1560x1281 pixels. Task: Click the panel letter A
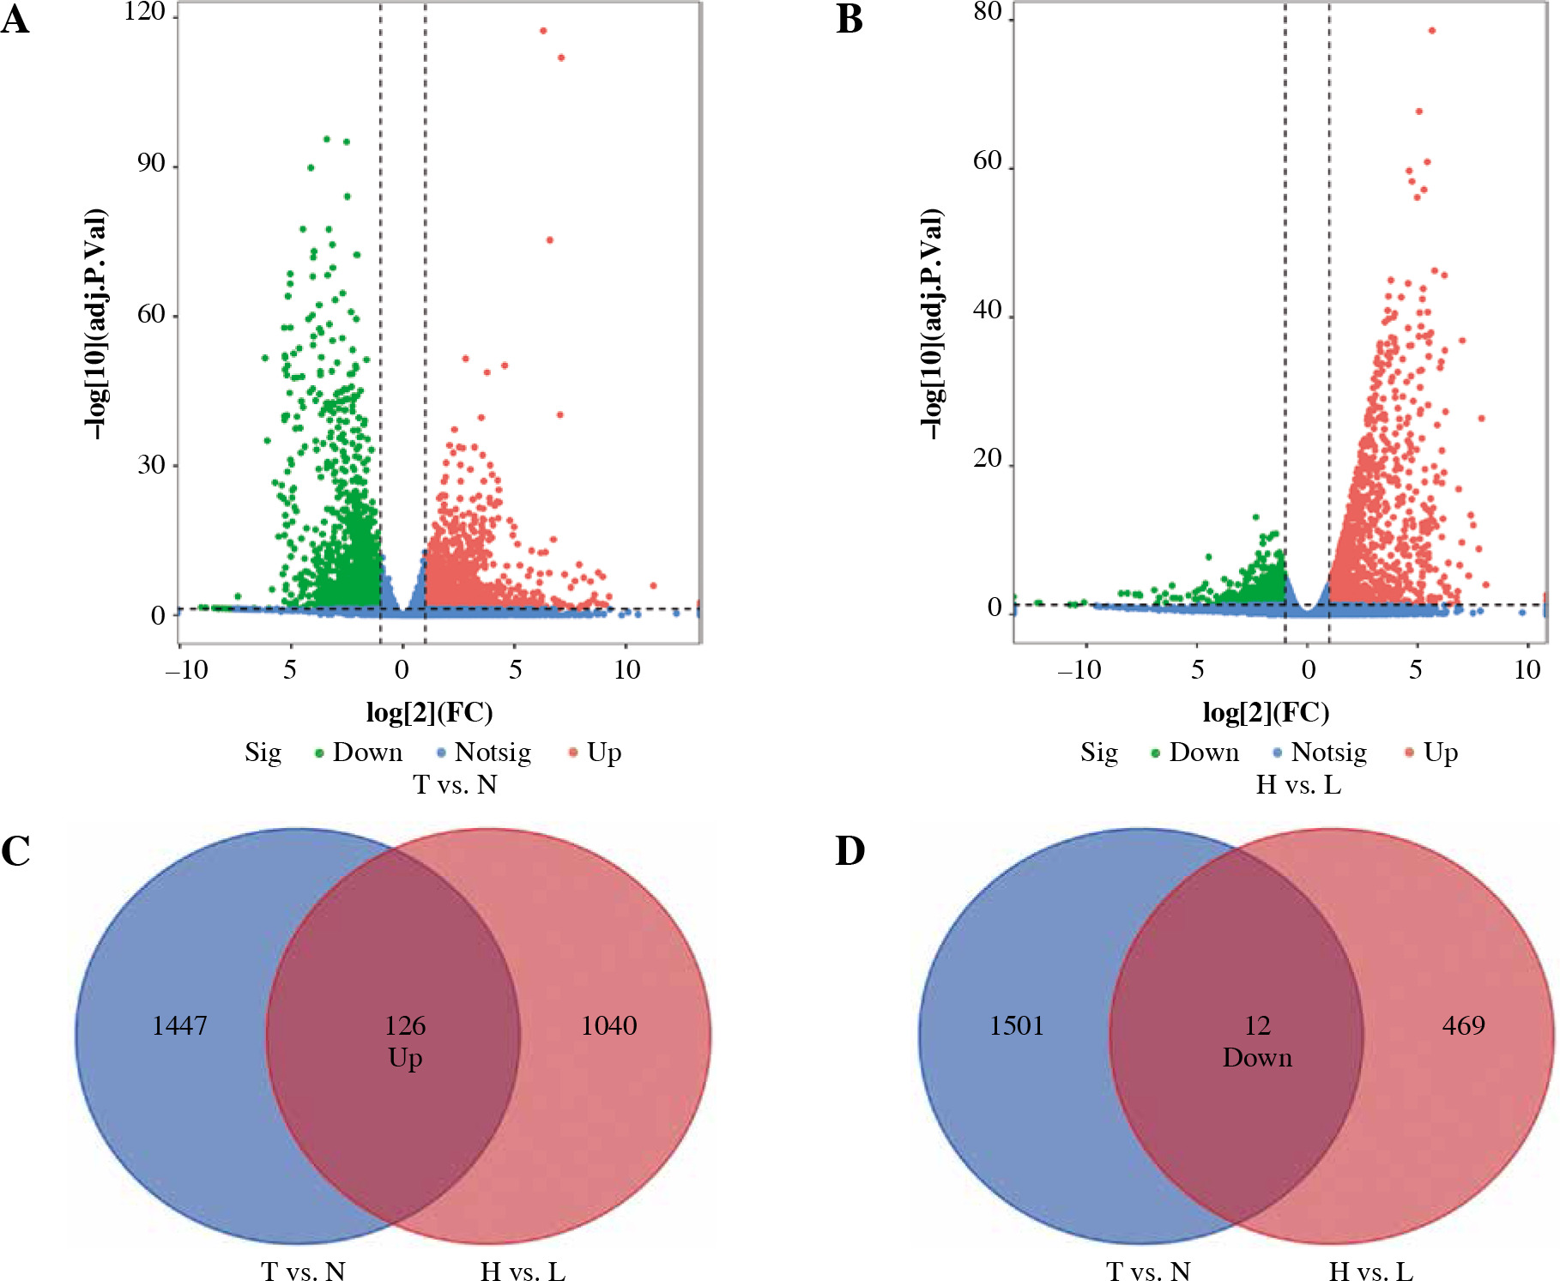point(15,19)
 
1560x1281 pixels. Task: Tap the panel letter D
point(850,851)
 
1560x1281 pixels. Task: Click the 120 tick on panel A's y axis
point(144,12)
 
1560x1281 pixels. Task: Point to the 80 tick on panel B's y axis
point(988,12)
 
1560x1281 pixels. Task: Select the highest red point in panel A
point(543,31)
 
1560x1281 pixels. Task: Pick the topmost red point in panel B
point(1431,31)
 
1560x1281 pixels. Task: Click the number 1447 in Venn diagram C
point(179,1025)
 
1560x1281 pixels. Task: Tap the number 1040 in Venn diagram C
point(608,1025)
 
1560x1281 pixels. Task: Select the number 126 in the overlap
point(405,1025)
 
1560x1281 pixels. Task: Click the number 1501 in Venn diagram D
point(1017,1025)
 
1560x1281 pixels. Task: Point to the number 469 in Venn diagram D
point(1463,1025)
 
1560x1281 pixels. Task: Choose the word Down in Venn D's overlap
point(1257,1058)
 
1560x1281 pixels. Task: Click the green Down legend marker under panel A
point(319,754)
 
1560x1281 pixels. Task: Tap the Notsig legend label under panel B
point(1328,752)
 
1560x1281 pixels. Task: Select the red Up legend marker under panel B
point(1408,753)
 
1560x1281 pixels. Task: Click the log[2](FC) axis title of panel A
point(429,712)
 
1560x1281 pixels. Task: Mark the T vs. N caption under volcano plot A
point(455,784)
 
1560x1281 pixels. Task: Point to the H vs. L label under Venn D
point(1370,1271)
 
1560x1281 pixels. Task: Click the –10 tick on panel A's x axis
point(187,669)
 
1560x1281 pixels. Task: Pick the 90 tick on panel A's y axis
point(151,163)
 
